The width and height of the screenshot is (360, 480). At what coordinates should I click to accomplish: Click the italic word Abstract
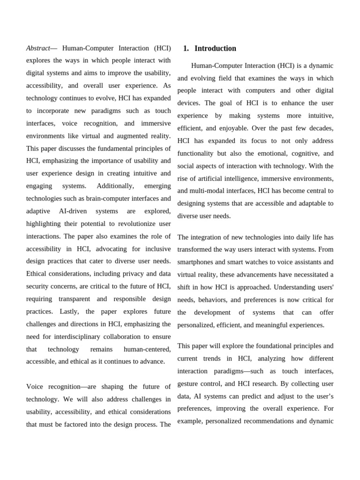[x=38, y=48]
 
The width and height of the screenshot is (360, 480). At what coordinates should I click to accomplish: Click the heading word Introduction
[x=215, y=48]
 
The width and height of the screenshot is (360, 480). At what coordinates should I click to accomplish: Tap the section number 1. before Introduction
[x=186, y=48]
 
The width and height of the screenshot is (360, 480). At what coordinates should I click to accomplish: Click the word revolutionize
[x=135, y=224]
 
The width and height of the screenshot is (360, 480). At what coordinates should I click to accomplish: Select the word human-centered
[x=147, y=349]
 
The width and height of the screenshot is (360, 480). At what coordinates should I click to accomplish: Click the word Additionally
[x=115, y=186]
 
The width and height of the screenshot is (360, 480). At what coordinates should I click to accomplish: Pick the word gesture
[x=188, y=383]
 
